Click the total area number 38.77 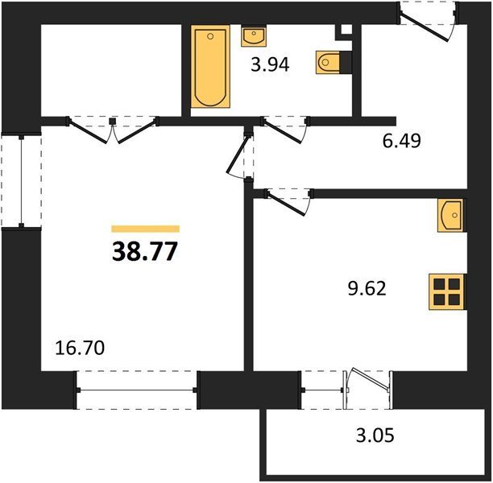pyautogui.click(x=145, y=251)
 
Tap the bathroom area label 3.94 pyautogui.click(x=270, y=65)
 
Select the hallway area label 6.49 pyautogui.click(x=401, y=141)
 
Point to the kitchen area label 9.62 pyautogui.click(x=367, y=288)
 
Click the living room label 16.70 pyautogui.click(x=80, y=349)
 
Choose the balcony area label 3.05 pyautogui.click(x=375, y=436)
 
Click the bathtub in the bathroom pyautogui.click(x=210, y=67)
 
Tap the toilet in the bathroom pyautogui.click(x=328, y=62)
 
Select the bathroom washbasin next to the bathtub pyautogui.click(x=254, y=36)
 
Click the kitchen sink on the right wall pyautogui.click(x=450, y=215)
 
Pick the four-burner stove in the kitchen pyautogui.click(x=446, y=292)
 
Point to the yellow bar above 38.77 pyautogui.click(x=145, y=229)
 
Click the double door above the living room pyautogui.click(x=113, y=130)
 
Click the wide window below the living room pyautogui.click(x=137, y=390)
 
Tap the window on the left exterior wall pyautogui.click(x=22, y=181)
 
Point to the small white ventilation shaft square pyautogui.click(x=346, y=29)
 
